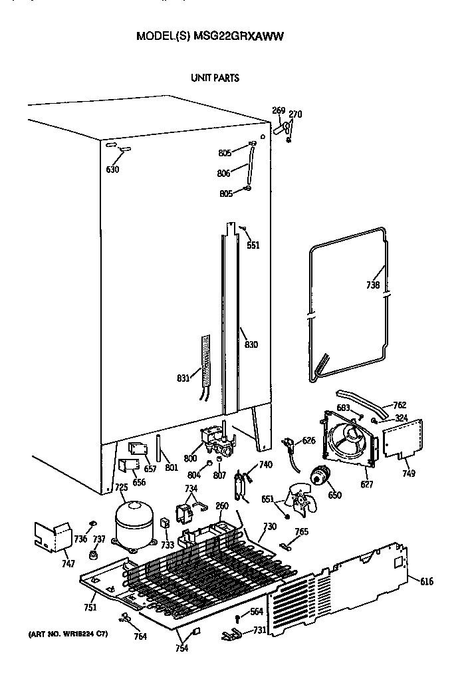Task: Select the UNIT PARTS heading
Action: coord(215,78)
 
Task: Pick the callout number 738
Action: coord(373,286)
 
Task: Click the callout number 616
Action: coord(426,581)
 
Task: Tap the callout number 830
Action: coord(251,344)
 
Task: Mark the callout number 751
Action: coord(90,606)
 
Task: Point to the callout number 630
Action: coord(112,169)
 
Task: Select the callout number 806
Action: coord(223,174)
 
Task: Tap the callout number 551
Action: coord(253,245)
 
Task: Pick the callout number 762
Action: coord(400,405)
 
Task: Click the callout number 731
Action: coord(261,630)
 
